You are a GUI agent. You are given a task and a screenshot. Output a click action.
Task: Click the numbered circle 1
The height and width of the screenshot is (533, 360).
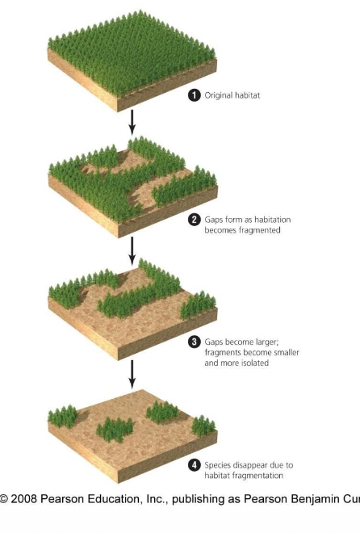pyautogui.click(x=194, y=94)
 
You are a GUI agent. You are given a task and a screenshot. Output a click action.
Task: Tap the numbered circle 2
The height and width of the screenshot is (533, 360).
pyautogui.click(x=194, y=220)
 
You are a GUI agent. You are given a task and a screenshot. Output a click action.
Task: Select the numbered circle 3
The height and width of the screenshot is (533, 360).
pyautogui.click(x=194, y=342)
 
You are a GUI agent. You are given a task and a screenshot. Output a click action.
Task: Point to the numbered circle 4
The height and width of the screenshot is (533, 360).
pyautogui.click(x=194, y=465)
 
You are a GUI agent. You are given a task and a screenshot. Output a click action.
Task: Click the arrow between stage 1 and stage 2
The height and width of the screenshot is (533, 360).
pyautogui.click(x=132, y=122)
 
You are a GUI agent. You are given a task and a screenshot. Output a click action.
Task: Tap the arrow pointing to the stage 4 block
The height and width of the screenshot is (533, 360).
pyautogui.click(x=132, y=373)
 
